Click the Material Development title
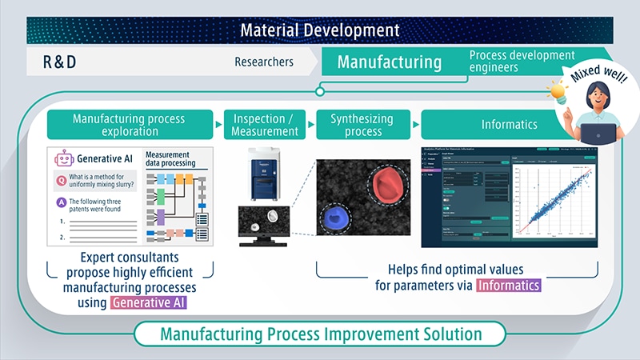point(320,30)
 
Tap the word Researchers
point(264,62)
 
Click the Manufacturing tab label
point(389,62)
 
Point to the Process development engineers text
point(521,62)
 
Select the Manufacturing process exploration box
point(129,125)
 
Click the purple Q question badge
point(61,179)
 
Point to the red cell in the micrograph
point(386,178)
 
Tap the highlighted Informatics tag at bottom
point(509,285)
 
